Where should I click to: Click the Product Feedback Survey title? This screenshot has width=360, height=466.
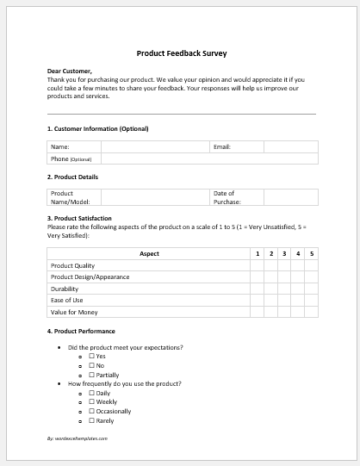coord(181,53)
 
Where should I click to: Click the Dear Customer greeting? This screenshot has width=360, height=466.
coord(69,71)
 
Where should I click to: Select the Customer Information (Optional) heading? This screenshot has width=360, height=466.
coord(97,128)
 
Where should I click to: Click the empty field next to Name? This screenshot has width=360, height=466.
coord(155,147)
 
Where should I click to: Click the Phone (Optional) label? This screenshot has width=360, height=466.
coord(71,159)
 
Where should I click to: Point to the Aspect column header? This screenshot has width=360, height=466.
coord(149,254)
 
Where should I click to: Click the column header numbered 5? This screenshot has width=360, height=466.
coord(312,254)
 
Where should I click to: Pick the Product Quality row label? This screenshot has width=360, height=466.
coord(72,266)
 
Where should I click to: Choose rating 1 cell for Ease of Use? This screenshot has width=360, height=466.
coord(257,301)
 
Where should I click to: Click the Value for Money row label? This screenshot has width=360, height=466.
coord(75,313)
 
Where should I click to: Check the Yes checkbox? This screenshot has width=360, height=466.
coord(92,357)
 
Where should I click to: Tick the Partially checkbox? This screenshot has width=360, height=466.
coord(92,375)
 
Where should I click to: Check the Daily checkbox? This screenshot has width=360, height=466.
coord(92,393)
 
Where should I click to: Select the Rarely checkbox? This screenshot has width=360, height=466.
coord(92,420)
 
